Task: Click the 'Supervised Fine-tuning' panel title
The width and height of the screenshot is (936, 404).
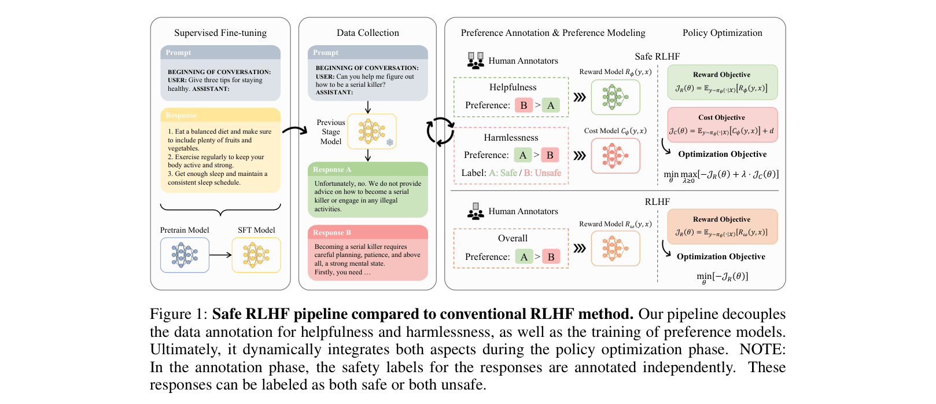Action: [x=220, y=33]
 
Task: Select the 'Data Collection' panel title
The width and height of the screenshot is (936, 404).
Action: [x=368, y=33]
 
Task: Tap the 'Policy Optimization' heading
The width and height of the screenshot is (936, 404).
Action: [x=722, y=33]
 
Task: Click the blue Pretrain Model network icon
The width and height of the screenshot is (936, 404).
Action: [x=185, y=255]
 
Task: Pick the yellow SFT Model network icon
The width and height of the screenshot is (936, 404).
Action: [x=256, y=255]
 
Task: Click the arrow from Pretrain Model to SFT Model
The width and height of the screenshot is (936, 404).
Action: [x=220, y=255]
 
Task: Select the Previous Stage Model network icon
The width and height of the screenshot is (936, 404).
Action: [x=372, y=131]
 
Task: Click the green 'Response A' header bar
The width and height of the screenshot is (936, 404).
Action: [x=368, y=170]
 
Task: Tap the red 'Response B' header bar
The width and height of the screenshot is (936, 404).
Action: [x=368, y=232]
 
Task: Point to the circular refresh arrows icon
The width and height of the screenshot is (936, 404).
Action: [x=440, y=131]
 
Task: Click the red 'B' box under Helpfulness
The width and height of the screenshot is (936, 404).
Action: [x=524, y=105]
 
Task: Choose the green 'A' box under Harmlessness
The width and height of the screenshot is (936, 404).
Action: [x=523, y=155]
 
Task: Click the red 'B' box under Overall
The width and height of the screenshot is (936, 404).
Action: [x=551, y=256]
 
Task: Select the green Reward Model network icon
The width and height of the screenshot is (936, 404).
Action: [x=616, y=97]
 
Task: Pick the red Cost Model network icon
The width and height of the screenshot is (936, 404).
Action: [x=616, y=156]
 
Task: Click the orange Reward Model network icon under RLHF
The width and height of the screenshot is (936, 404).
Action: [x=616, y=248]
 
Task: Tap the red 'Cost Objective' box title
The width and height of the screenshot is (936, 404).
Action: [x=721, y=117]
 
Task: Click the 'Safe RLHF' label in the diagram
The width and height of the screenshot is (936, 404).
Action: [x=657, y=57]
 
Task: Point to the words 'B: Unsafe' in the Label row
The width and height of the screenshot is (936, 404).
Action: [x=543, y=173]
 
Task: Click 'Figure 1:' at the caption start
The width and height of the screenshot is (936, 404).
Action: [x=178, y=314]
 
